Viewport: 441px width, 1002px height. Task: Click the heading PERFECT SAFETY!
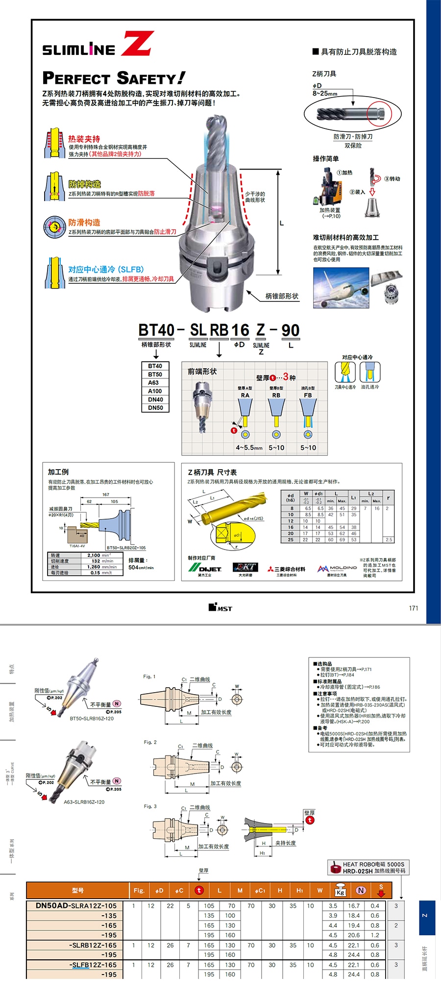[114, 78]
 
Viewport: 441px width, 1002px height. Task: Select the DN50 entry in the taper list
[155, 408]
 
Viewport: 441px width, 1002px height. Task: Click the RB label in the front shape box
[276, 395]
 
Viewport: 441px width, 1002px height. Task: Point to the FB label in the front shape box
[308, 395]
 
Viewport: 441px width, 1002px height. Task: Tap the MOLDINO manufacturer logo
[337, 568]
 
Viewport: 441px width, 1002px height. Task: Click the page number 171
[414, 608]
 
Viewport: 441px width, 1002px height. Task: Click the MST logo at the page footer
[220, 608]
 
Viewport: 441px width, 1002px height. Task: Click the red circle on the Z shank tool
[380, 114]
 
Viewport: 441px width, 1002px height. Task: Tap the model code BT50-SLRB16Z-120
[92, 719]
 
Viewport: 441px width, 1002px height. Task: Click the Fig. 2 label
[150, 742]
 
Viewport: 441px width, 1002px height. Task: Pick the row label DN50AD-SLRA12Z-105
[76, 906]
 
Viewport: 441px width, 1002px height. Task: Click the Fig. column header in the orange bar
[139, 890]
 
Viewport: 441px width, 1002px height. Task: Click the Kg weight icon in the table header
[340, 890]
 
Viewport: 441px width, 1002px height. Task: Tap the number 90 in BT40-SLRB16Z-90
[291, 330]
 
